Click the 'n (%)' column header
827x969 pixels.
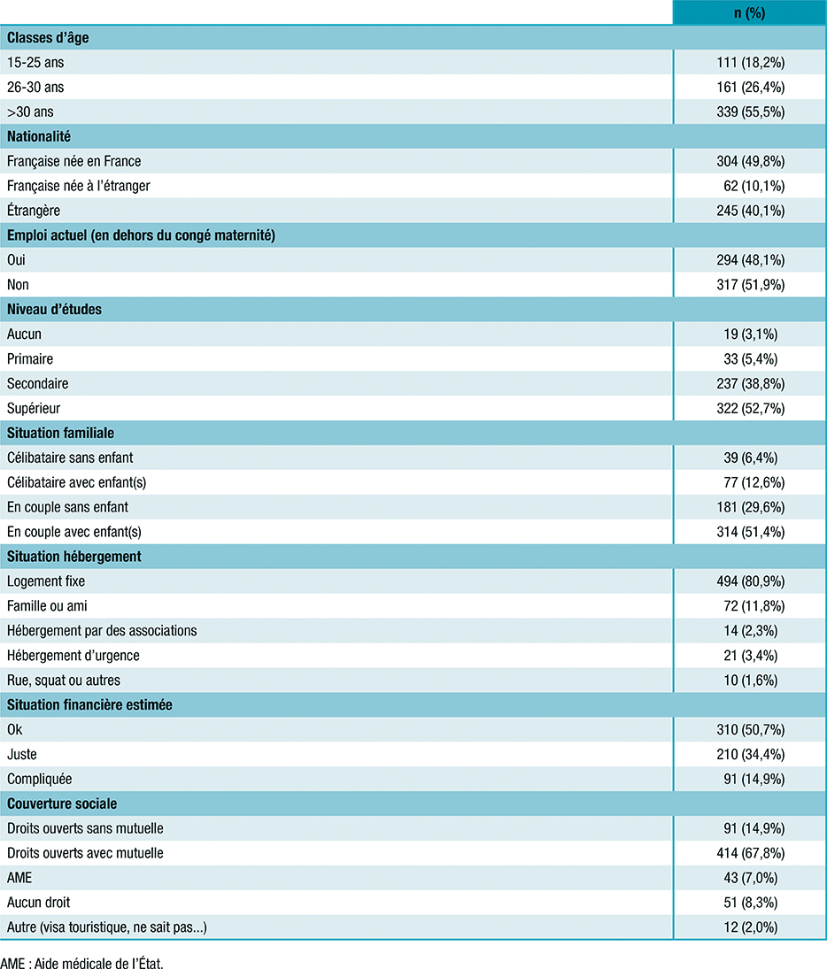click(x=749, y=13)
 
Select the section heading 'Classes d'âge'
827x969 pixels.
click(x=48, y=38)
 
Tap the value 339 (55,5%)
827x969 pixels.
click(x=750, y=112)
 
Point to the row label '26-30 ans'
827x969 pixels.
click(x=35, y=88)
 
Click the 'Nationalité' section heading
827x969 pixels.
click(x=39, y=137)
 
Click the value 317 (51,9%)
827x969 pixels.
click(x=750, y=285)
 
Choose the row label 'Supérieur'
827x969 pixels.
click(x=34, y=409)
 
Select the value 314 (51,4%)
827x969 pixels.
click(x=750, y=532)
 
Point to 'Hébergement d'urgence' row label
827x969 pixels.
click(x=73, y=656)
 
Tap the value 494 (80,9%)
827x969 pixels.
click(x=750, y=581)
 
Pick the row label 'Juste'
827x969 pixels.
click(x=22, y=754)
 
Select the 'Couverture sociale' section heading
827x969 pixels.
click(x=62, y=804)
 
